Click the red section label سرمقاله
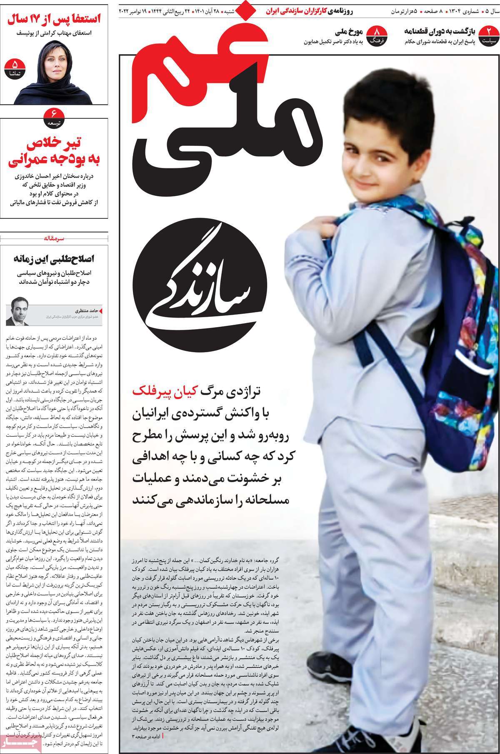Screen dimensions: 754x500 pos(55,239)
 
